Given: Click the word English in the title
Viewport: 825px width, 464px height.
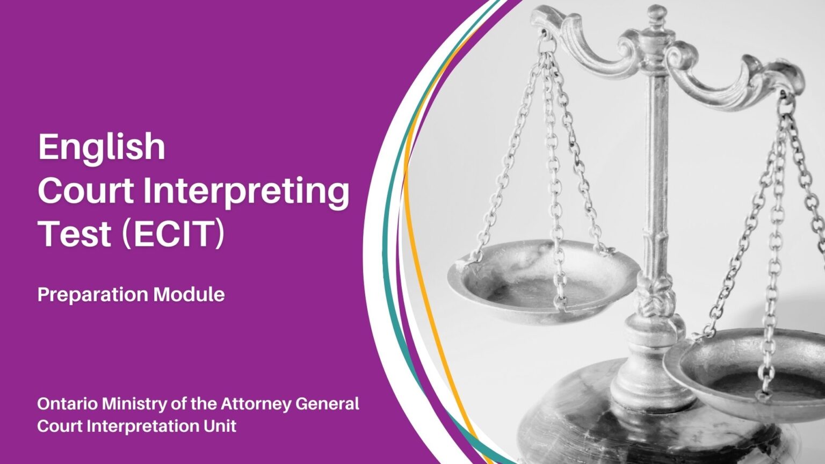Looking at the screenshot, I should click(x=102, y=147).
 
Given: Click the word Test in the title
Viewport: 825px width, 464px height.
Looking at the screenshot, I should click(x=75, y=234).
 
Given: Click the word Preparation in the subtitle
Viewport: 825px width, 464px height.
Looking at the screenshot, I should click(x=92, y=295).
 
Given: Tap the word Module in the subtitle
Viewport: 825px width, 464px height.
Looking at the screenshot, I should click(x=189, y=294).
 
